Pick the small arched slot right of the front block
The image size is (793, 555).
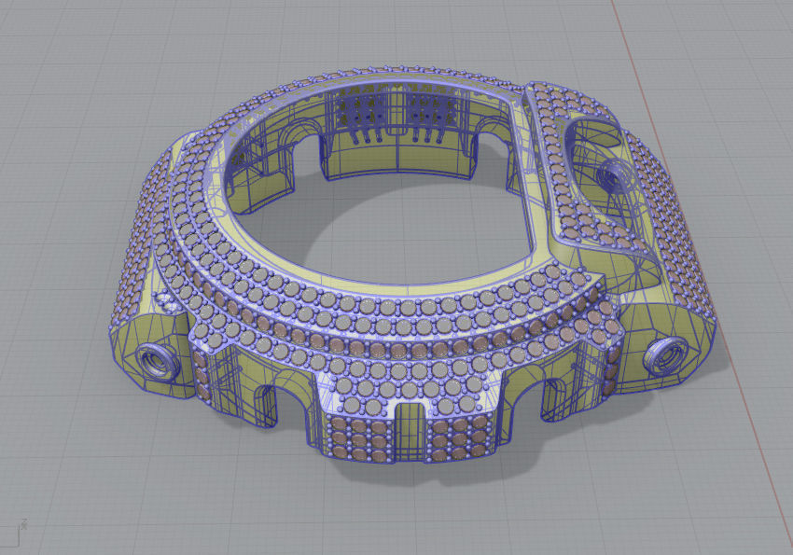tap(551, 396)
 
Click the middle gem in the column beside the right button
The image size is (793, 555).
tap(614, 359)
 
